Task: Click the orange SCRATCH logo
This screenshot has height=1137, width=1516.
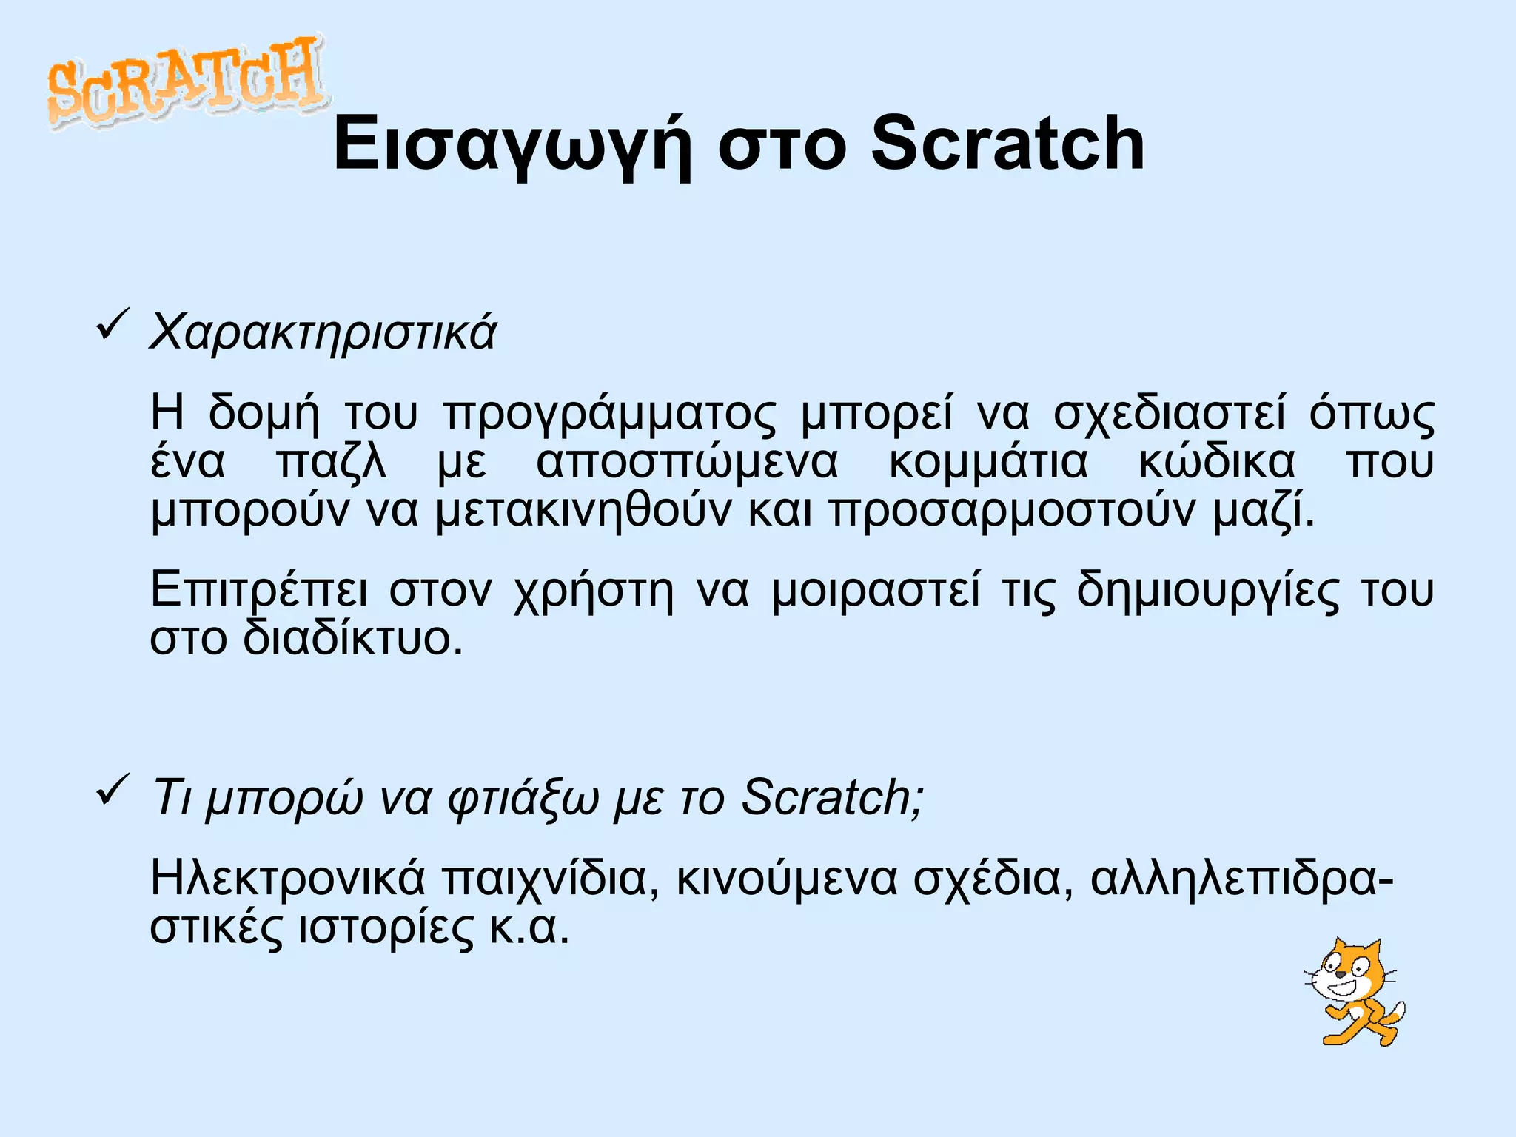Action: click(185, 81)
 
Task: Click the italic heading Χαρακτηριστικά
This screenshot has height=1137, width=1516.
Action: click(323, 332)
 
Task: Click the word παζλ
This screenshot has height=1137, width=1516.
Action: click(331, 463)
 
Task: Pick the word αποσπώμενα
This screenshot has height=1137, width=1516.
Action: click(687, 463)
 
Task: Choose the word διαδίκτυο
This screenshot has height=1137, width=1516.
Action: click(352, 639)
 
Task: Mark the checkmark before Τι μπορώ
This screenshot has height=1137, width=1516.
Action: click(113, 790)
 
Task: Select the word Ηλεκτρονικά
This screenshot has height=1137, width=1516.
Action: click(288, 879)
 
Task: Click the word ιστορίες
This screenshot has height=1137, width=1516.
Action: click(385, 928)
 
